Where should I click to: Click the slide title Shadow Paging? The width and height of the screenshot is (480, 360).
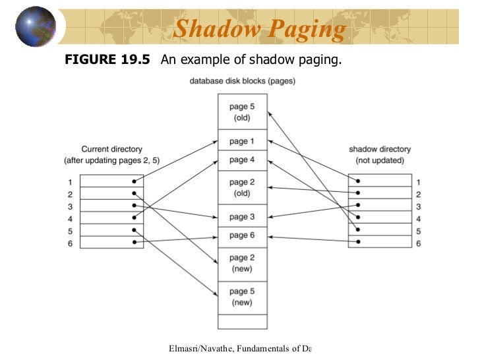tap(260, 30)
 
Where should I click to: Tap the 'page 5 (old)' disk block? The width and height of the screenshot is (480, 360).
tap(243, 112)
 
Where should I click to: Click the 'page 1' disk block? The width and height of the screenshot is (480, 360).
tap(243, 141)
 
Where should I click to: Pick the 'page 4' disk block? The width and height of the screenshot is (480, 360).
tap(243, 160)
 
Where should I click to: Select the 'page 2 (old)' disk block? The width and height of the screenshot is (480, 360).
tap(243, 188)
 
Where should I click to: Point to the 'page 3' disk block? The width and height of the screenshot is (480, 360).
tap(243, 216)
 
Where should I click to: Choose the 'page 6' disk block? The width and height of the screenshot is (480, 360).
tap(243, 235)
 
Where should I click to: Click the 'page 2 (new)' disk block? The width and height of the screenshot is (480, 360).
tap(243, 263)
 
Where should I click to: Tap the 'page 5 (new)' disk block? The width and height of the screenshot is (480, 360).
tap(243, 297)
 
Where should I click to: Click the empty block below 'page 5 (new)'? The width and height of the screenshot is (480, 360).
tap(243, 321)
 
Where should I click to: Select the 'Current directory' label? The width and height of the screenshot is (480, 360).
tap(111, 150)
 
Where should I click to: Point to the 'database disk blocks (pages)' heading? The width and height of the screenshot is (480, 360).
tap(243, 82)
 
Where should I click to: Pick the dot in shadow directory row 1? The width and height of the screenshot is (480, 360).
tap(359, 181)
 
